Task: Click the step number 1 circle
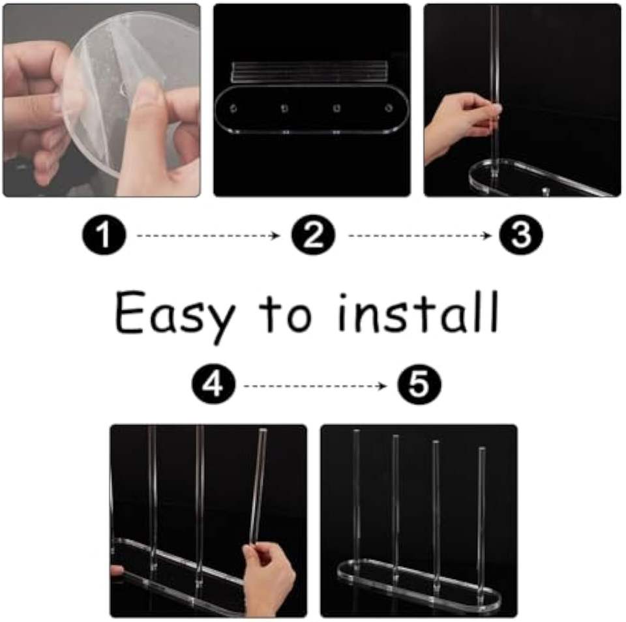click(104, 235)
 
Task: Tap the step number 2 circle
click(314, 235)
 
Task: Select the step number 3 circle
click(521, 235)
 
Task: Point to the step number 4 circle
click(214, 385)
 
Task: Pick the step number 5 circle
click(419, 385)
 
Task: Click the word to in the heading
click(286, 313)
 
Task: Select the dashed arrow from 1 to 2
click(209, 235)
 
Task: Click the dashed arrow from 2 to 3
click(419, 235)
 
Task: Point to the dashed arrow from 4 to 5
click(315, 386)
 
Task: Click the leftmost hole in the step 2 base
click(233, 108)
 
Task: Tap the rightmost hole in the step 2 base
click(389, 108)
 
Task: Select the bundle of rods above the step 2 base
click(310, 72)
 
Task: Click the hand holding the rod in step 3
click(462, 127)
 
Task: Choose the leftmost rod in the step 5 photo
click(356, 499)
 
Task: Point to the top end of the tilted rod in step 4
click(263, 430)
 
